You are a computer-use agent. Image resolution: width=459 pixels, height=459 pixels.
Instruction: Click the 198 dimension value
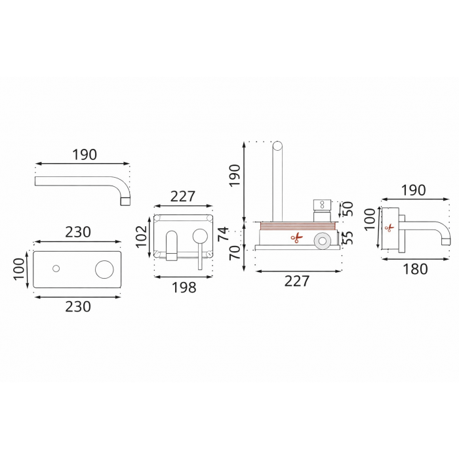[184, 287]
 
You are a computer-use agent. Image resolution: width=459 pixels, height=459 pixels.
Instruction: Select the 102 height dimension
[142, 237]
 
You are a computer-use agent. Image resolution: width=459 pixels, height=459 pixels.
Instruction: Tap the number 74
[224, 233]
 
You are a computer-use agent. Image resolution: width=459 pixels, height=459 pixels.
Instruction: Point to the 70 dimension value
[235, 252]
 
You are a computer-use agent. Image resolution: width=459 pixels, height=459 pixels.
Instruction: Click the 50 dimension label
[348, 209]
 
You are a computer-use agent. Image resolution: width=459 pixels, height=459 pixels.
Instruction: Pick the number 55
[348, 237]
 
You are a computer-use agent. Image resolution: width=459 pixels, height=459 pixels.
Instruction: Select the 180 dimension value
[415, 269]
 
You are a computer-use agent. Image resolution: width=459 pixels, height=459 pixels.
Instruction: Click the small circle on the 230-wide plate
[56, 268]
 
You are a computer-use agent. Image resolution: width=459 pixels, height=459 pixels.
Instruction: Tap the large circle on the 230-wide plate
[104, 269]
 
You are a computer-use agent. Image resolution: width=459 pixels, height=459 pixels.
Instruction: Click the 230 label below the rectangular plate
[78, 306]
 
